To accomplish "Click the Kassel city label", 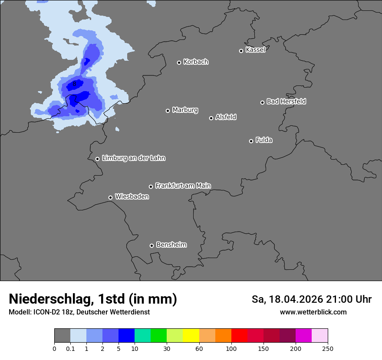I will [x=255, y=50].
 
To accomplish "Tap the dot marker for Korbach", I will [x=179, y=62].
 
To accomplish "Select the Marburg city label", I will [x=185, y=110].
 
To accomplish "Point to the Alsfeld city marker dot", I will [x=211, y=118].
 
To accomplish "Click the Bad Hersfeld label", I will [x=286, y=101].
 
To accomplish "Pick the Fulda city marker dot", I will [x=251, y=141].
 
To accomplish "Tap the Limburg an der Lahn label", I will [x=133, y=158].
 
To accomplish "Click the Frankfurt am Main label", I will [x=183, y=186].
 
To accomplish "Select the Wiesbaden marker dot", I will [x=110, y=197].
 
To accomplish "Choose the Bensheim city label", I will [x=171, y=245].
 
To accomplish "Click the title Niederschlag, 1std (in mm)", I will [x=93, y=299].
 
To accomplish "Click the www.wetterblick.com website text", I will [x=313, y=312].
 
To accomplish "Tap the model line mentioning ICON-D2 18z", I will [x=79, y=312].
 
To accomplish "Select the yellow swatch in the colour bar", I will [x=191, y=336].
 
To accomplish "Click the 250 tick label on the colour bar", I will [x=328, y=348].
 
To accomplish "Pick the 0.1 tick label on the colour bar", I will [x=70, y=348].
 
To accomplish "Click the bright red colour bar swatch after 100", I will [x=239, y=336].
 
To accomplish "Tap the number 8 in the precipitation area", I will [x=75, y=83].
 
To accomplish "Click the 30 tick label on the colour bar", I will [x=167, y=348].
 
